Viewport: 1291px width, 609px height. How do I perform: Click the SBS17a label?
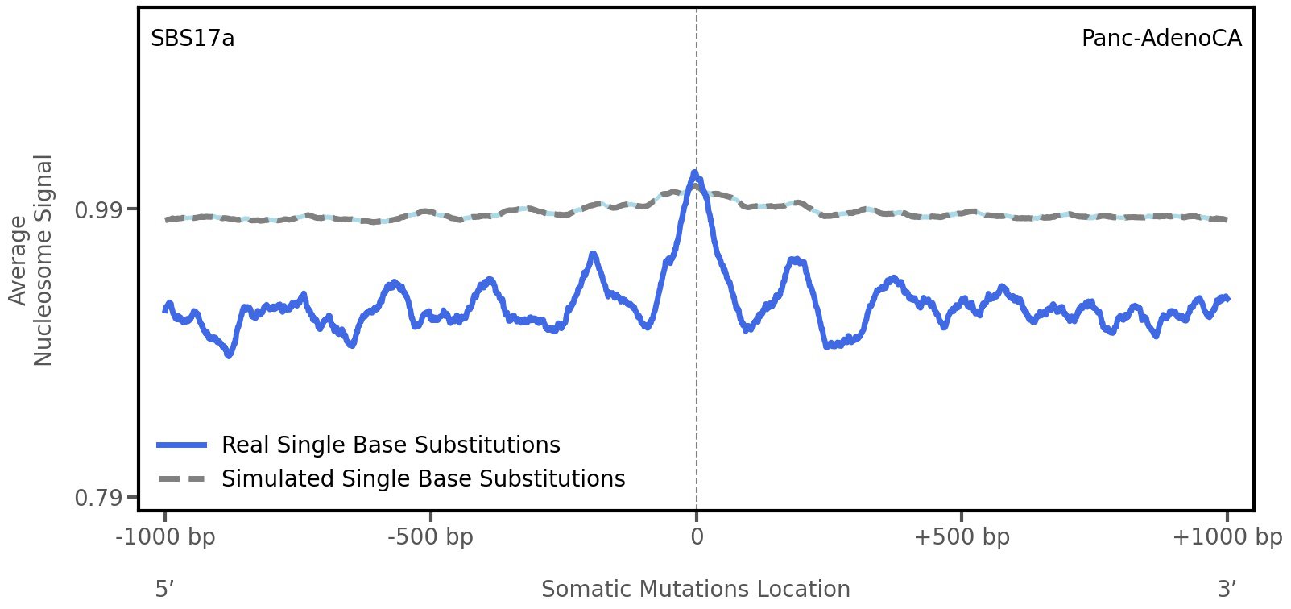pos(192,39)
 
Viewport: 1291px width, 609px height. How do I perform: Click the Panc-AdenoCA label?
pos(1161,39)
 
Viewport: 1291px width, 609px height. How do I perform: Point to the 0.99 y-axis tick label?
pos(97,210)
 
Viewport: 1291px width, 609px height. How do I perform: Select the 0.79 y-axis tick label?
pos(97,498)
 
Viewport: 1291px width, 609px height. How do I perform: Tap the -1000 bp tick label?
pos(166,537)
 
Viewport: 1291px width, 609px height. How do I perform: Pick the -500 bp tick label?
pos(430,537)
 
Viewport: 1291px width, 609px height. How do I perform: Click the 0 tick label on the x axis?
pos(697,537)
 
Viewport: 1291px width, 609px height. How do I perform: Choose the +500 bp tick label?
pos(961,537)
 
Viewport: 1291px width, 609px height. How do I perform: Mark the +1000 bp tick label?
pos(1226,537)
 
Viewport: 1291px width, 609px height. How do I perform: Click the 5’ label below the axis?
pos(165,589)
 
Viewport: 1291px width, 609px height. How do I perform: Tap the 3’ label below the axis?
pos(1227,589)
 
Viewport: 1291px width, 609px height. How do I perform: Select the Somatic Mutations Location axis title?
pos(695,589)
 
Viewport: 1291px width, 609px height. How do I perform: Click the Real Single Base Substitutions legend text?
pos(391,445)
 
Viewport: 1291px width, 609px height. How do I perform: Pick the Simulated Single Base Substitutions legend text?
pos(423,478)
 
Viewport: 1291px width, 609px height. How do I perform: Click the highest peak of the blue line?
pos(694,172)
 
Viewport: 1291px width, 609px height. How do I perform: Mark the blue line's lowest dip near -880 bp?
pos(230,354)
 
